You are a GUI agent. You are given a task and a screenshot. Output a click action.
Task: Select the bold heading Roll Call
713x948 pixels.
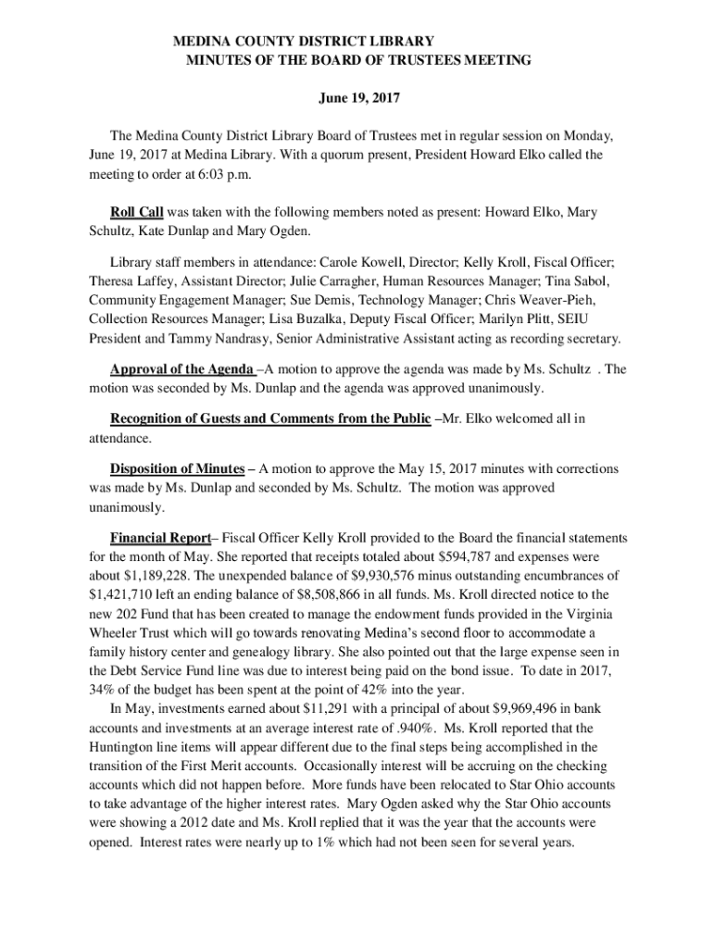tap(136, 212)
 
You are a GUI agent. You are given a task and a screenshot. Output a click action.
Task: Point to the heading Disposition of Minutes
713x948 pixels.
tap(177, 468)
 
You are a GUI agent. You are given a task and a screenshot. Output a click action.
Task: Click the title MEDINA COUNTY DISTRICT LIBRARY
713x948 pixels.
tap(305, 42)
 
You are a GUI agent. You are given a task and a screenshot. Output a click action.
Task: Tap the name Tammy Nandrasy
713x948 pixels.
tap(192, 338)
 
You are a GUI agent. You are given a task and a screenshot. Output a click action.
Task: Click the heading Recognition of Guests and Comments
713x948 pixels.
tap(270, 418)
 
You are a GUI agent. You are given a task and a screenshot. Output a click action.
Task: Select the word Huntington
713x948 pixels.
tap(129, 746)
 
